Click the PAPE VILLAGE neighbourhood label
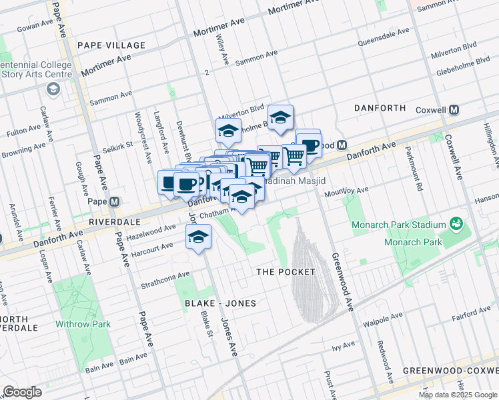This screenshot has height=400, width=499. click(111, 45)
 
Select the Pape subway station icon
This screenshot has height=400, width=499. click(114, 201)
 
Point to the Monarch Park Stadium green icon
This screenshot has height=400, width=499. click(456, 223)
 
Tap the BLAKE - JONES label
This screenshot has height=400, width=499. click(211, 303)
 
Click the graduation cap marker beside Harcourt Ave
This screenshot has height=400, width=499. click(198, 237)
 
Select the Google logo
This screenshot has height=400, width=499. click(22, 391)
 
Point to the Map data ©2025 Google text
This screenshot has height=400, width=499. click(457, 395)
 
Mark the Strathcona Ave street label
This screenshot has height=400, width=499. click(165, 280)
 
